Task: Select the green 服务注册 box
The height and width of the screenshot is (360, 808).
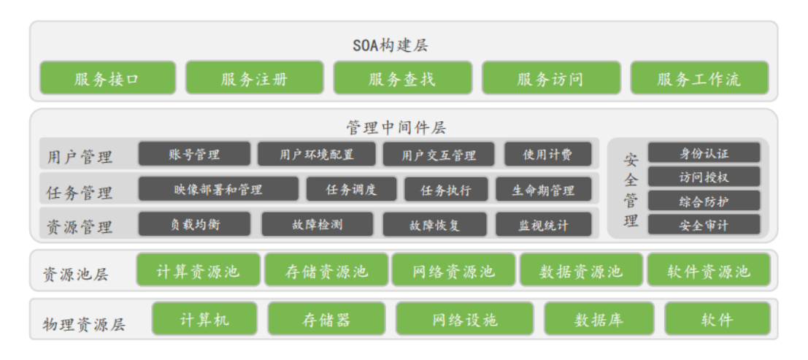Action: coord(254,78)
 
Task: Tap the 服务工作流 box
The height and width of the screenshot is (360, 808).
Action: coord(699,78)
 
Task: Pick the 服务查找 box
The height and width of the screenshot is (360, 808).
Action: coord(402,78)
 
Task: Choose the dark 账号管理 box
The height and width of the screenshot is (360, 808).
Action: coord(193,154)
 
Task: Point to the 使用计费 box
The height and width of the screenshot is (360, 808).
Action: coord(547,154)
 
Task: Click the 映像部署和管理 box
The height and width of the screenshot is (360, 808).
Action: coord(218,190)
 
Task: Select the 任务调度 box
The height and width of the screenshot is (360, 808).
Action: coord(351,190)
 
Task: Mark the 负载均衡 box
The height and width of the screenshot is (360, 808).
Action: coord(193,224)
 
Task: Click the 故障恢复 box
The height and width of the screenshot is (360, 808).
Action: coord(434,225)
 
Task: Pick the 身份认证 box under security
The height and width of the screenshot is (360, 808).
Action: coord(704,153)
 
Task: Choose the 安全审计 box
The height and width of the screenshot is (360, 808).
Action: coord(704,225)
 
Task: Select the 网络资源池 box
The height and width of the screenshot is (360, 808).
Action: coord(453,271)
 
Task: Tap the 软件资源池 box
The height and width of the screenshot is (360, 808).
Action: coord(708,271)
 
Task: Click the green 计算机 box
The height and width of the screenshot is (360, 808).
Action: coord(204,319)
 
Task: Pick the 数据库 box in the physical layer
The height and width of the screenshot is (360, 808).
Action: coord(599,319)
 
